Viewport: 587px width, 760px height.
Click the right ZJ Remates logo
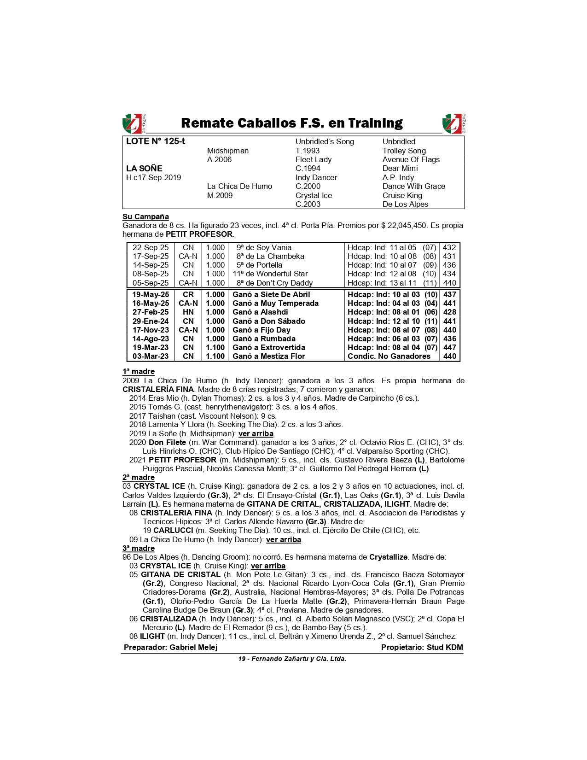[x=453, y=123]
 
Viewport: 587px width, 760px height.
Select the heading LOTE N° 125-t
[x=156, y=141]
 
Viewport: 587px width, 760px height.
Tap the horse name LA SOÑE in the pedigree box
[x=144, y=169]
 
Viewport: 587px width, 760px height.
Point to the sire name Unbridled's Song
[x=325, y=142]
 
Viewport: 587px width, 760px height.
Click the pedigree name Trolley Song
[x=404, y=151]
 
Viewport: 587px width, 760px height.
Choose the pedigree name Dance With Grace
[x=413, y=187]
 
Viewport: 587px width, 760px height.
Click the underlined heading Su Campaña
[x=145, y=217]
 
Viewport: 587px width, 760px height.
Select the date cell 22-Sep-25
[x=151, y=248]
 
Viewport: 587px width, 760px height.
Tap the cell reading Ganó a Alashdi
[x=260, y=312]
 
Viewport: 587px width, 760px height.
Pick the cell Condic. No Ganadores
[x=389, y=356]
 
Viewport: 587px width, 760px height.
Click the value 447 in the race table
[x=449, y=347]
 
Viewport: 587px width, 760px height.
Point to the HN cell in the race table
[x=188, y=312]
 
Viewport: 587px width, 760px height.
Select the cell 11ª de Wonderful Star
[x=270, y=274]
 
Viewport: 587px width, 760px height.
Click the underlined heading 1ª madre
[x=138, y=372]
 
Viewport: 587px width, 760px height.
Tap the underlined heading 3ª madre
[x=138, y=548]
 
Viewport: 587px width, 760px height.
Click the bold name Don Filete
[x=167, y=442]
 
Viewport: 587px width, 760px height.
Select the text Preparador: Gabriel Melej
[x=170, y=647]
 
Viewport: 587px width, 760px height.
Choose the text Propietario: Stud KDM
[x=422, y=647]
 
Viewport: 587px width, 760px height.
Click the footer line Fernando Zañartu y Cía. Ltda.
[x=292, y=659]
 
